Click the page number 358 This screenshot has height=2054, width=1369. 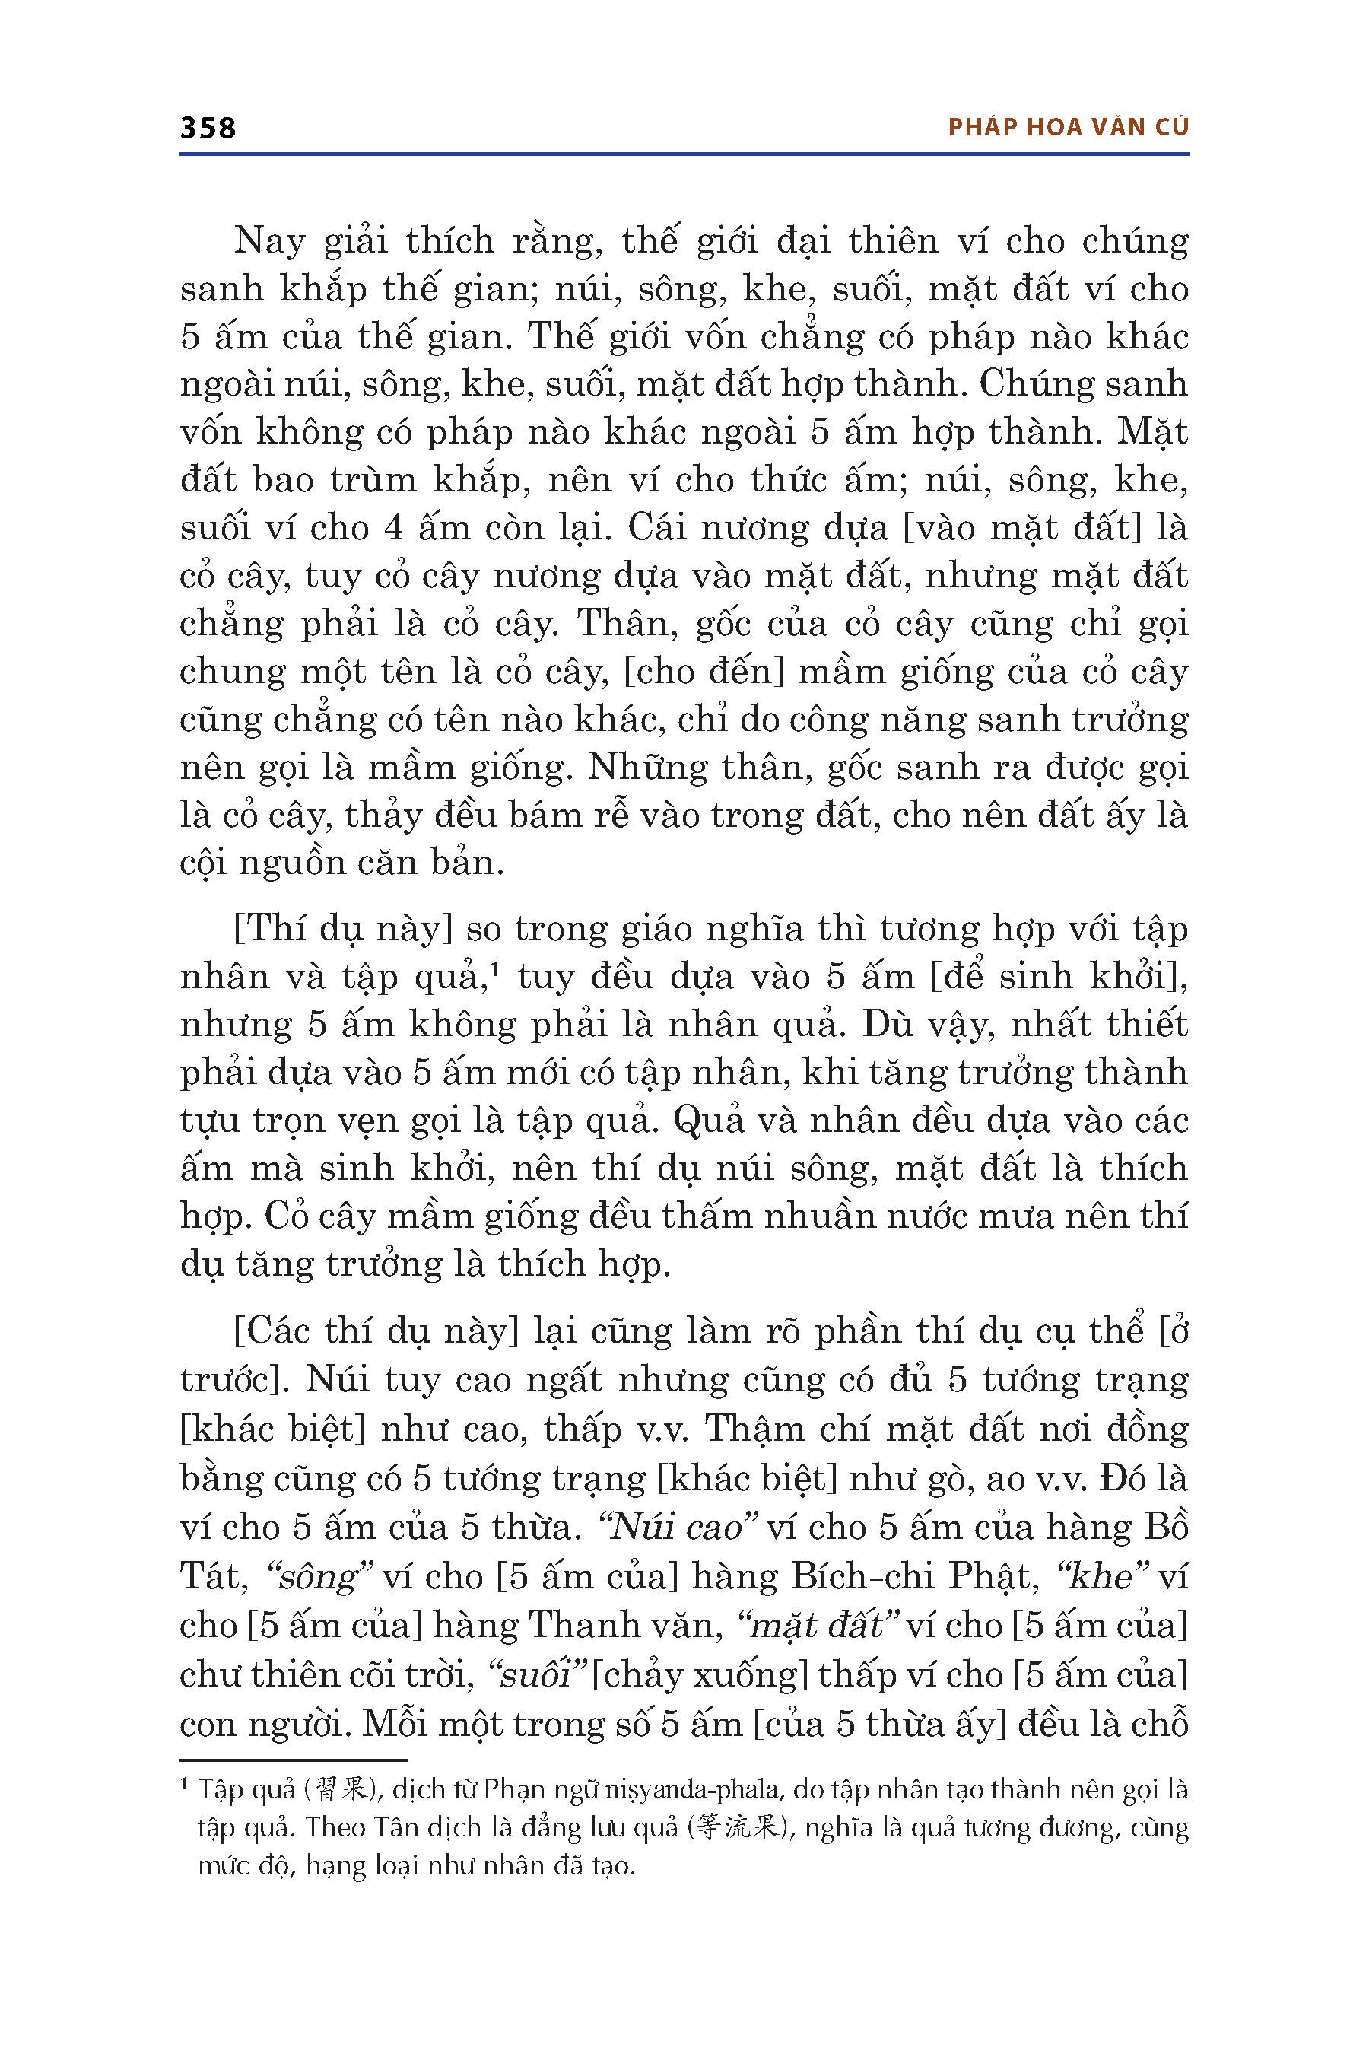click(x=208, y=129)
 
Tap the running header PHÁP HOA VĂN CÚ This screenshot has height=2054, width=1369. click(x=1068, y=128)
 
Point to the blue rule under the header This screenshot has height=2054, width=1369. click(x=684, y=154)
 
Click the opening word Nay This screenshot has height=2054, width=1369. click(x=270, y=241)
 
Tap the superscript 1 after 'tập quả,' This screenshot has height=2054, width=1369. click(x=494, y=968)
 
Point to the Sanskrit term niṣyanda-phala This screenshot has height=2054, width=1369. click(x=693, y=1790)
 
